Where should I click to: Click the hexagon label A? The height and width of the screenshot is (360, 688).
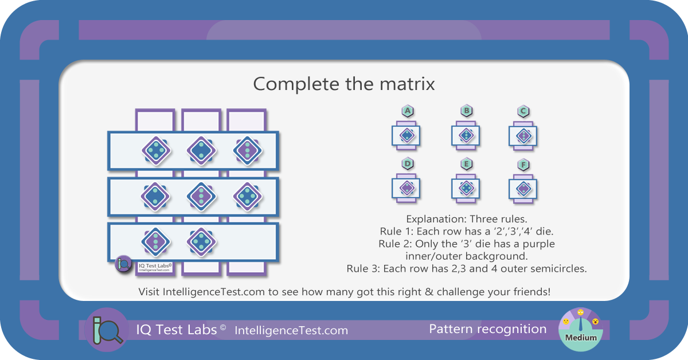click(x=408, y=111)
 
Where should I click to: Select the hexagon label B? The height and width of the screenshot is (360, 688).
click(x=466, y=111)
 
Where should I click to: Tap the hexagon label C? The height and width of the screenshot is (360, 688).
click(x=523, y=111)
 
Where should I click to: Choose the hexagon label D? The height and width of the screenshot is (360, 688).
click(x=408, y=163)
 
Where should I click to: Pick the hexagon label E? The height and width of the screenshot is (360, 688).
click(x=466, y=164)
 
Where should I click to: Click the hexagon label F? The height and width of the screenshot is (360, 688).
click(x=523, y=165)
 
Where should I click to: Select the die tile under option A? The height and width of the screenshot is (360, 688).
click(x=406, y=135)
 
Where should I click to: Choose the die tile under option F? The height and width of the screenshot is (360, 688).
click(x=523, y=189)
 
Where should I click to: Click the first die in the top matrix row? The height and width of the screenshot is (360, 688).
click(x=156, y=151)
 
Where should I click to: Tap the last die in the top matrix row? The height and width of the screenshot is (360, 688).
click(x=248, y=151)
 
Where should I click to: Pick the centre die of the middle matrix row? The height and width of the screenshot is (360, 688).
click(x=201, y=197)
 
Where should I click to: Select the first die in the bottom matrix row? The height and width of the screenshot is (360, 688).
click(x=155, y=242)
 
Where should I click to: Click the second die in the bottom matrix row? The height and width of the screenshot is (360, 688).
click(x=201, y=242)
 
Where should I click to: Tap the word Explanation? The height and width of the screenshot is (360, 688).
click(x=433, y=220)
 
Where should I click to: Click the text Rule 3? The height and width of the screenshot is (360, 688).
click(x=363, y=269)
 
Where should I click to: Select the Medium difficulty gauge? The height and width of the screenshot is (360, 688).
click(x=581, y=330)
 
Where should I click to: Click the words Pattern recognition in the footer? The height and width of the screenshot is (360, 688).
click(x=488, y=329)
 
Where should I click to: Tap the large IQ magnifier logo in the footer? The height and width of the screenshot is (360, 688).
click(x=107, y=330)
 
